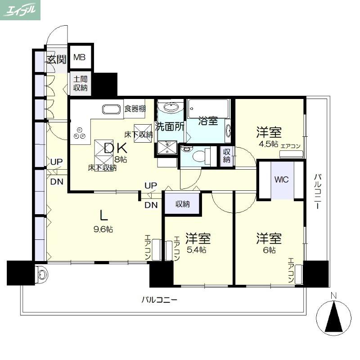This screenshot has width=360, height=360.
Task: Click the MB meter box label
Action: pyautogui.click(x=80, y=57)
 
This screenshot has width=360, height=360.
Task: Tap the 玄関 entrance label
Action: pyautogui.click(x=57, y=60)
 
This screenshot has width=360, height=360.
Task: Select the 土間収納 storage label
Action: pyautogui.click(x=81, y=84)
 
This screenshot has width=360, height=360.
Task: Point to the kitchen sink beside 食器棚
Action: pyautogui.click(x=111, y=109)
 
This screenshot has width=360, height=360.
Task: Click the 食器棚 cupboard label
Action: pyautogui.click(x=135, y=108)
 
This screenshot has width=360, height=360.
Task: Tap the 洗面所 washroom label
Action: pyautogui.click(x=170, y=126)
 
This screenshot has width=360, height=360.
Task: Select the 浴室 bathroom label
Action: pyautogui.click(x=208, y=121)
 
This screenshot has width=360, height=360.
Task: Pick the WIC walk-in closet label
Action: pyautogui.click(x=282, y=180)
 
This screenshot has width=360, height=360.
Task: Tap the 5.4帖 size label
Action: pyautogui.click(x=196, y=250)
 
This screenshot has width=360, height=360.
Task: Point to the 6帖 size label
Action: pyautogui.click(x=269, y=250)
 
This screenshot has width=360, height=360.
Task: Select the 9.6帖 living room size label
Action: pyautogui.click(x=103, y=229)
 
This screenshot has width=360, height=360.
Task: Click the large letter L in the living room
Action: pyautogui.click(x=103, y=216)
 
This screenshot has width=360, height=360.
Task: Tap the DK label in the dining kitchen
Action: pyautogui.click(x=116, y=148)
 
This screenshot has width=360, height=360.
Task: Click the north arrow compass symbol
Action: pyautogui.click(x=333, y=316)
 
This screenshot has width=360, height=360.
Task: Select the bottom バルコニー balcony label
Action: pyautogui.click(x=159, y=300)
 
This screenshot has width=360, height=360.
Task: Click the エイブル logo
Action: pyautogui.click(x=20, y=10)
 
